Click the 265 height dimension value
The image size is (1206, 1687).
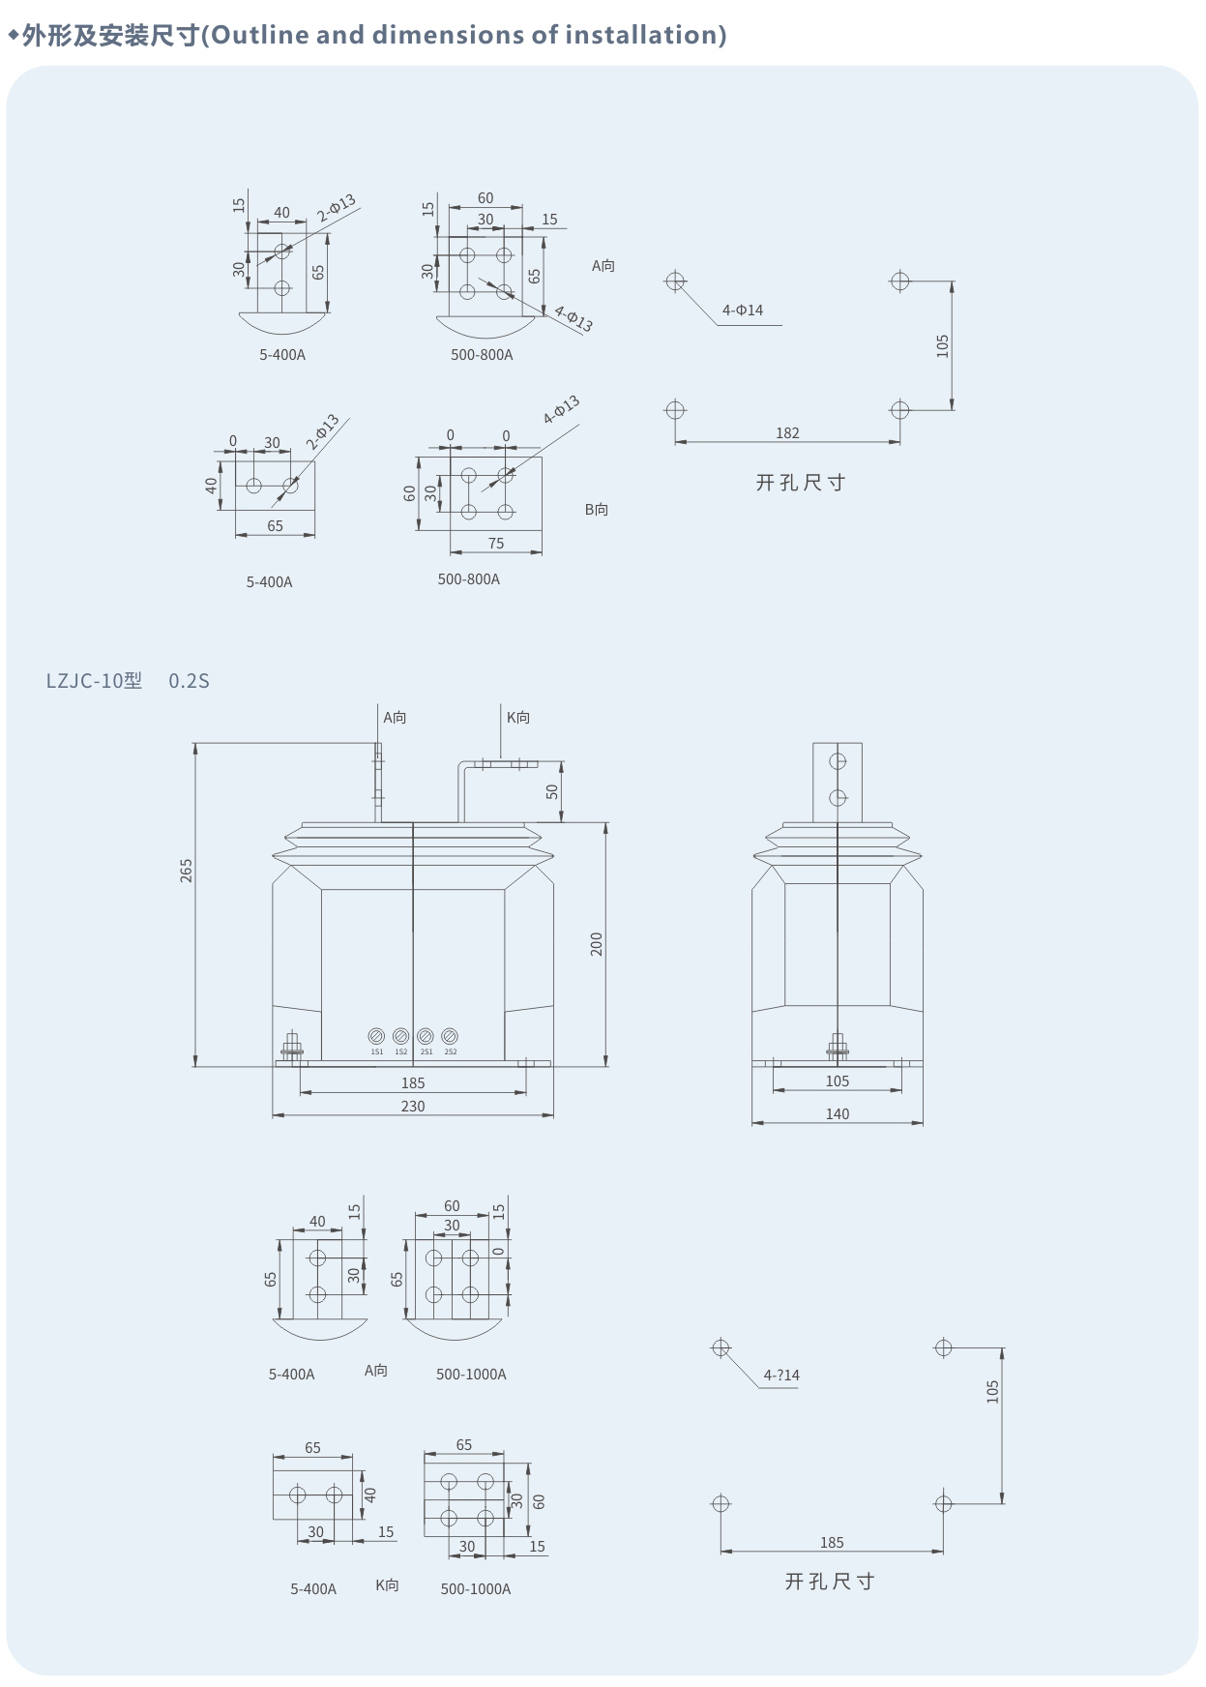[186, 870]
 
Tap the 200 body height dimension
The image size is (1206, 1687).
[596, 944]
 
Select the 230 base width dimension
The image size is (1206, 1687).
[413, 1106]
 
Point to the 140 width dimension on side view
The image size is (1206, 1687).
[838, 1113]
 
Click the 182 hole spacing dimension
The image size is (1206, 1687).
[787, 432]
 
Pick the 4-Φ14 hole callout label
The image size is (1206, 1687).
[743, 310]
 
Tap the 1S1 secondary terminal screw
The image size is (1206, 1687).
[376, 1036]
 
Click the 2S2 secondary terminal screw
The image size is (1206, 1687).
[450, 1036]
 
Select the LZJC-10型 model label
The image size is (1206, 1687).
[94, 680]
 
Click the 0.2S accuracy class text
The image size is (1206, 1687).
[189, 680]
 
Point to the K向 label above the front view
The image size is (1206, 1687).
[518, 717]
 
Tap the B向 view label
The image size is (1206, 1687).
[597, 509]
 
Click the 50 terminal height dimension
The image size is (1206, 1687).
[552, 790]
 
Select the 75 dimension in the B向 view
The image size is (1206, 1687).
[496, 543]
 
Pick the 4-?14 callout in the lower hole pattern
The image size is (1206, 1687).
[781, 1375]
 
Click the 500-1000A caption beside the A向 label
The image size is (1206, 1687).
[471, 1374]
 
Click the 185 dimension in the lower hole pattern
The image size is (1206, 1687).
[832, 1542]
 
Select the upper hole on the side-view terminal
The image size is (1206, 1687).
[838, 761]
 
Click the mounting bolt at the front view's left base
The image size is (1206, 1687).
[291, 1047]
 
